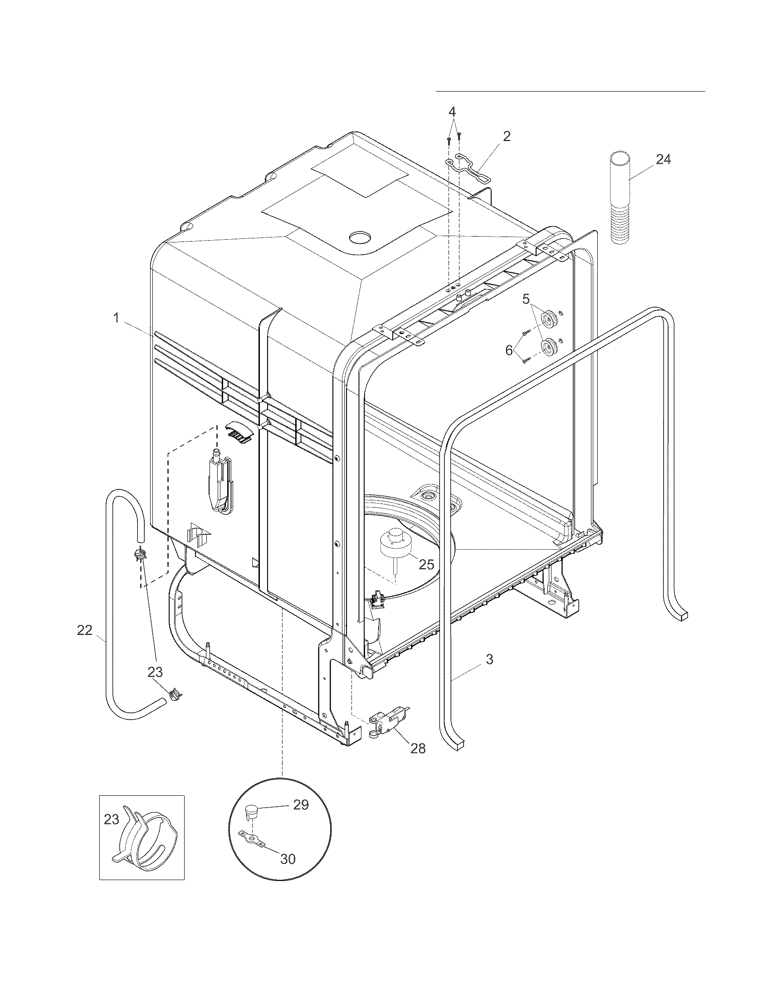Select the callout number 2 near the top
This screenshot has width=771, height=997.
pos(507,136)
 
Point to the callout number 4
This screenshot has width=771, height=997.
pos(452,111)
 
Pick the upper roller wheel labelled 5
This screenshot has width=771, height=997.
pos(547,316)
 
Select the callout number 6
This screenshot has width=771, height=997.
pos(509,350)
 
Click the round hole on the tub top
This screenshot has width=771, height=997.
pos(360,237)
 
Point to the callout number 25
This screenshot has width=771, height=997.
pos(426,564)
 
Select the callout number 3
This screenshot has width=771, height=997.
pos(489,659)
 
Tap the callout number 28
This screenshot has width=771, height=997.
pos(418,748)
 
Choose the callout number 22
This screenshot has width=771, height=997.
pos(84,630)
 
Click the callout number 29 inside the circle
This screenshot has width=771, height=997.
pos(301,805)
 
